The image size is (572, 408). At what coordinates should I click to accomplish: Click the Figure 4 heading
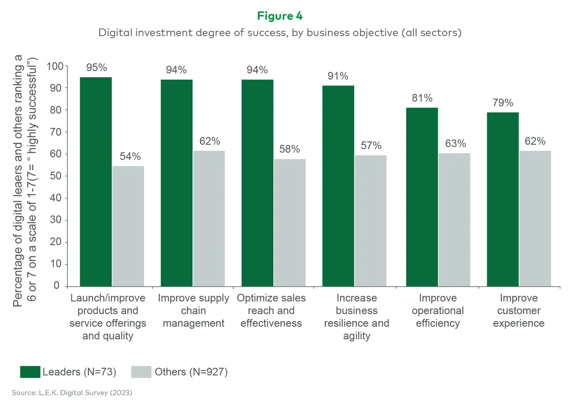tap(280, 16)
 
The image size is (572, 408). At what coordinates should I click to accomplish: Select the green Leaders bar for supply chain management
tap(176, 183)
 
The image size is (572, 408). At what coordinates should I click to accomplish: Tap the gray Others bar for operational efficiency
tap(454, 220)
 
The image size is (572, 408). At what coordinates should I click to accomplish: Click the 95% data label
tap(96, 68)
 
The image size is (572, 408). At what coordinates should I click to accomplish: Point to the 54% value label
tap(130, 157)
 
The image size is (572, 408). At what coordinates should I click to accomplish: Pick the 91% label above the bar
tap(338, 76)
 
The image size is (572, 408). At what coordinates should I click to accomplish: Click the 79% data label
tap(502, 103)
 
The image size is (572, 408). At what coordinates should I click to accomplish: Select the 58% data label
tap(290, 149)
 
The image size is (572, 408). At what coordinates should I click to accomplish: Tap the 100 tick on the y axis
tap(55, 66)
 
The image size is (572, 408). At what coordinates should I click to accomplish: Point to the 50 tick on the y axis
tap(55, 176)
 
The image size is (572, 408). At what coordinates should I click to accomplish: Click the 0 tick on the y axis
tap(56, 286)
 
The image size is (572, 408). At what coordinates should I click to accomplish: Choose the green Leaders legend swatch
tap(30, 372)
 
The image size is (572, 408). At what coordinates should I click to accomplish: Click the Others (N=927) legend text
tap(191, 372)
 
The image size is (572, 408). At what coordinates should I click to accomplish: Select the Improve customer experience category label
tap(519, 311)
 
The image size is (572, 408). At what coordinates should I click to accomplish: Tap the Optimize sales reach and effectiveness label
tap(271, 311)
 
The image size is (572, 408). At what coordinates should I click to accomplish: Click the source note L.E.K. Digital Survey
tap(72, 393)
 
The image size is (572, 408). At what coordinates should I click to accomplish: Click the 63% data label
tap(455, 144)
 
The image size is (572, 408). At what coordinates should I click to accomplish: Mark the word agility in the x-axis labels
tap(357, 336)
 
